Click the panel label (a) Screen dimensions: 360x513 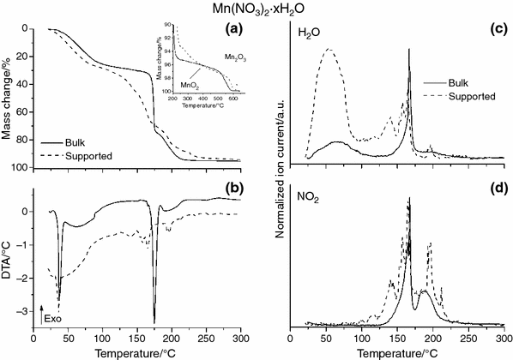(x=231, y=30)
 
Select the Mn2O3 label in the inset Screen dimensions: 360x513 (x=223, y=55)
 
